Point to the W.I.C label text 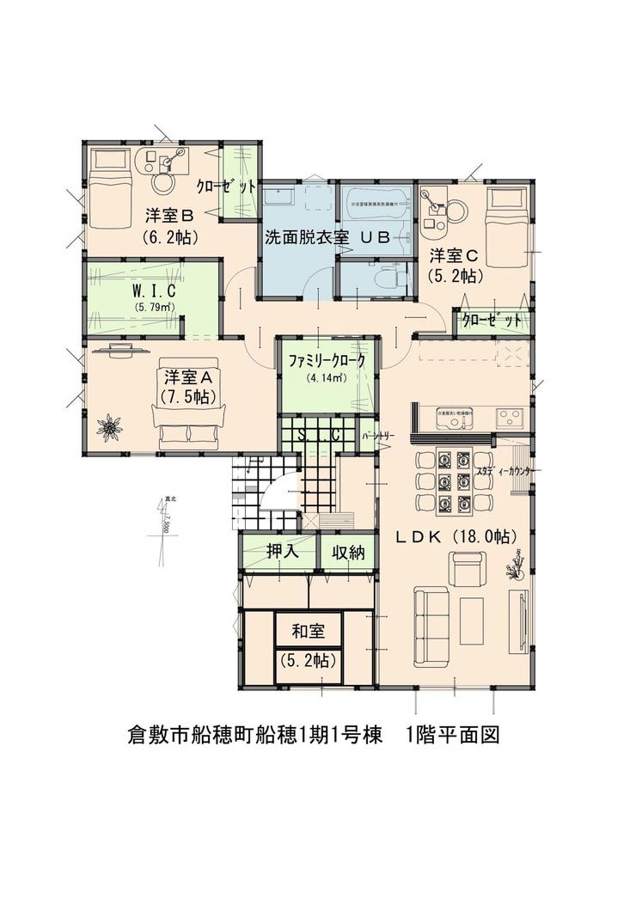click(x=154, y=290)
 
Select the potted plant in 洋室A click(x=109, y=425)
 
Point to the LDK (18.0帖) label click(x=456, y=536)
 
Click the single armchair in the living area click(x=468, y=569)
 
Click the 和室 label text click(x=308, y=632)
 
